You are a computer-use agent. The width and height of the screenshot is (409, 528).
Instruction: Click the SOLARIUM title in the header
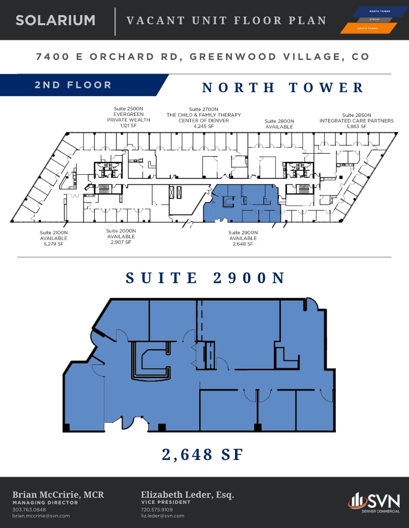point(55,20)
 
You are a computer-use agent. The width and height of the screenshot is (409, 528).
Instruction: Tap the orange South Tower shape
point(368,28)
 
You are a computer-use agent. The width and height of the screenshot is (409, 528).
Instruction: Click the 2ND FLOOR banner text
point(73,85)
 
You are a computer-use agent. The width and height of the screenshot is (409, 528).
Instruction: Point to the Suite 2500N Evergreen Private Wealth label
point(128,117)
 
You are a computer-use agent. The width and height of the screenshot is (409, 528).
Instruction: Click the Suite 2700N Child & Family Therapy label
point(204,117)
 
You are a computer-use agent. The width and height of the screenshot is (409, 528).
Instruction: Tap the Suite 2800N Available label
point(279,124)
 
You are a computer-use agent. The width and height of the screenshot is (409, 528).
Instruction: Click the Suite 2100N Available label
point(53,238)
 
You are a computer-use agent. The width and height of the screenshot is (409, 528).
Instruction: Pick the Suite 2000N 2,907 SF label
point(121,236)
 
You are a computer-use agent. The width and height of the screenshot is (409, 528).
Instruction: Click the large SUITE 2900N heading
point(205,278)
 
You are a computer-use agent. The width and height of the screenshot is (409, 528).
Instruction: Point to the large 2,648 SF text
point(203,454)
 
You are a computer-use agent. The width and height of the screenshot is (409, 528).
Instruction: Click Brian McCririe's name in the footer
point(58,495)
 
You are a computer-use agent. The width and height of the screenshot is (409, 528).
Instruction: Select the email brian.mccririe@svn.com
point(41,516)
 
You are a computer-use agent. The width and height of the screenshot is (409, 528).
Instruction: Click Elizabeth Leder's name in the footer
point(187,495)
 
